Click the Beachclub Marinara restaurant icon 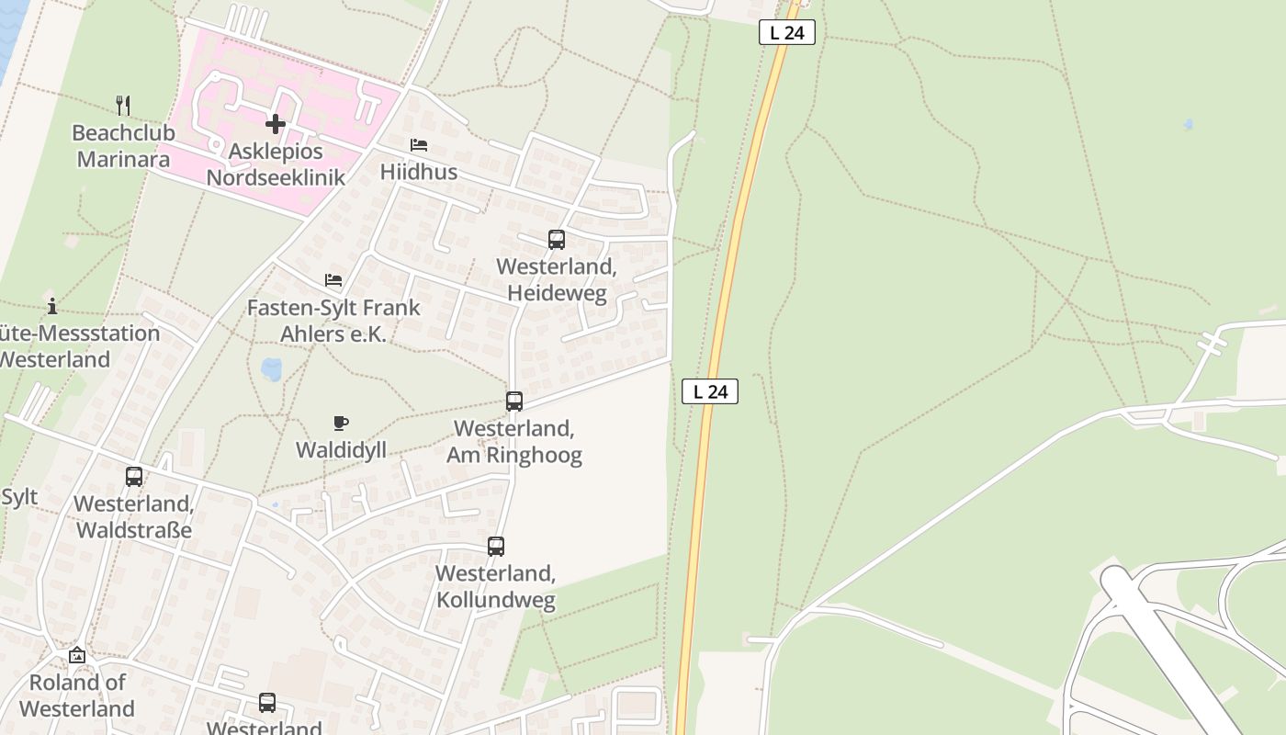(123, 105)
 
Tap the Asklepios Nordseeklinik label (276, 164)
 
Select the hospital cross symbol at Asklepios (275, 123)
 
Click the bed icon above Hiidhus (419, 145)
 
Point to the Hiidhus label (419, 172)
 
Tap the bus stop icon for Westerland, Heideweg (556, 240)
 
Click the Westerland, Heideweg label (556, 279)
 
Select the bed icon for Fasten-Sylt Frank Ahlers (333, 280)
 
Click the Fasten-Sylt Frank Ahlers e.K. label (333, 321)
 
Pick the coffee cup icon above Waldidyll (341, 423)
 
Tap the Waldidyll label (341, 449)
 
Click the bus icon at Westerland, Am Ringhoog (513, 401)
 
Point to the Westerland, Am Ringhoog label (513, 441)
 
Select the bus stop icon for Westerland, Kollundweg (495, 547)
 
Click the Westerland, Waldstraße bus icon (134, 477)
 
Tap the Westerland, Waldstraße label (134, 516)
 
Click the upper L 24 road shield (787, 32)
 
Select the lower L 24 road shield (710, 391)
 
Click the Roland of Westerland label (77, 695)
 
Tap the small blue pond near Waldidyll (272, 369)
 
